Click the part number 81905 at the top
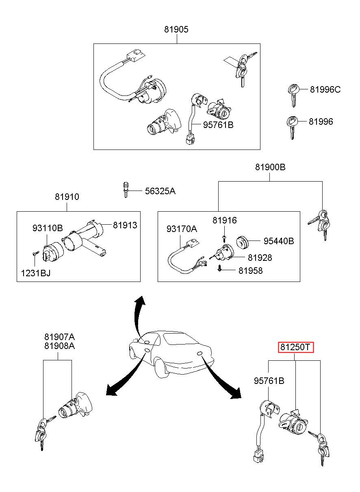pos(176,29)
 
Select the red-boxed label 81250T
pos(296,347)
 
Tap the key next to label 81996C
pos(293,95)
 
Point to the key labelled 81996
pos(293,128)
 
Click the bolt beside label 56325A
pos(126,190)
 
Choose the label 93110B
pos(48,228)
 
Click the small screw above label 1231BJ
pos(35,254)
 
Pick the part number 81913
pos(125,225)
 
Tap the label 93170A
pos(182,229)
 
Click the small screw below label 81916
pos(224,237)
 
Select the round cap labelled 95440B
pos(242,242)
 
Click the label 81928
pos(260,258)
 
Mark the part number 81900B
pos(270,167)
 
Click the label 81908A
pos(59,346)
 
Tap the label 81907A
pos(59,337)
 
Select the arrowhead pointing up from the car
pos(140,301)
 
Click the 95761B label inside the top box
pos(218,125)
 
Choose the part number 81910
pos(67,197)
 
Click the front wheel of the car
pos(160,366)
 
